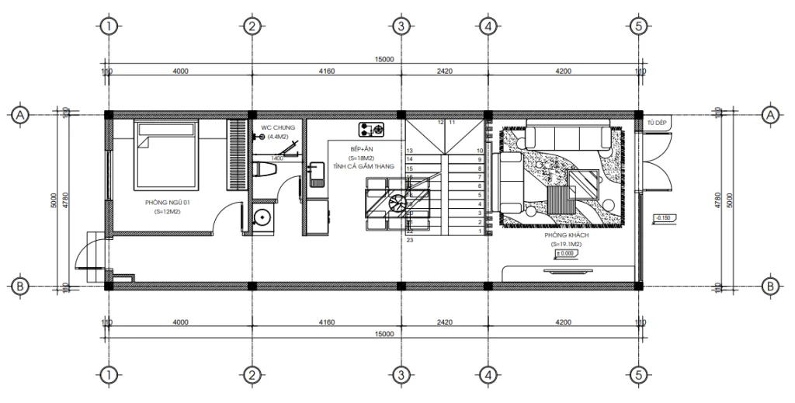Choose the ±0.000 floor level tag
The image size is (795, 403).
click(x=567, y=253)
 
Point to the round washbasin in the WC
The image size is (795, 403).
click(x=262, y=217)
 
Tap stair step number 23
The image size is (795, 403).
click(x=409, y=240)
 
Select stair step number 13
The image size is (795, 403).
click(x=409, y=150)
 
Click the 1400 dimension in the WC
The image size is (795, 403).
click(x=277, y=157)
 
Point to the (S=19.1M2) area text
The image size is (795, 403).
click(x=567, y=244)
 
